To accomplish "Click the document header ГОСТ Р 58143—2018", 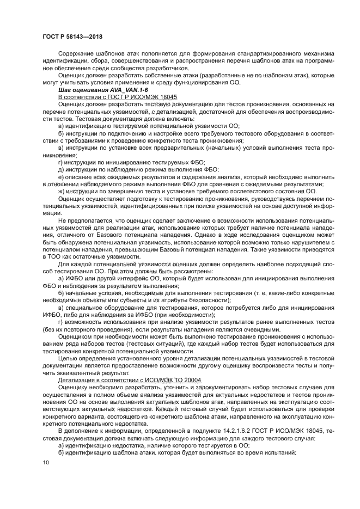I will click(72, 36).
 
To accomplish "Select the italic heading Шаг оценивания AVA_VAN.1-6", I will click(93, 88).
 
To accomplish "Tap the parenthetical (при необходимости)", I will click(189, 314).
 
